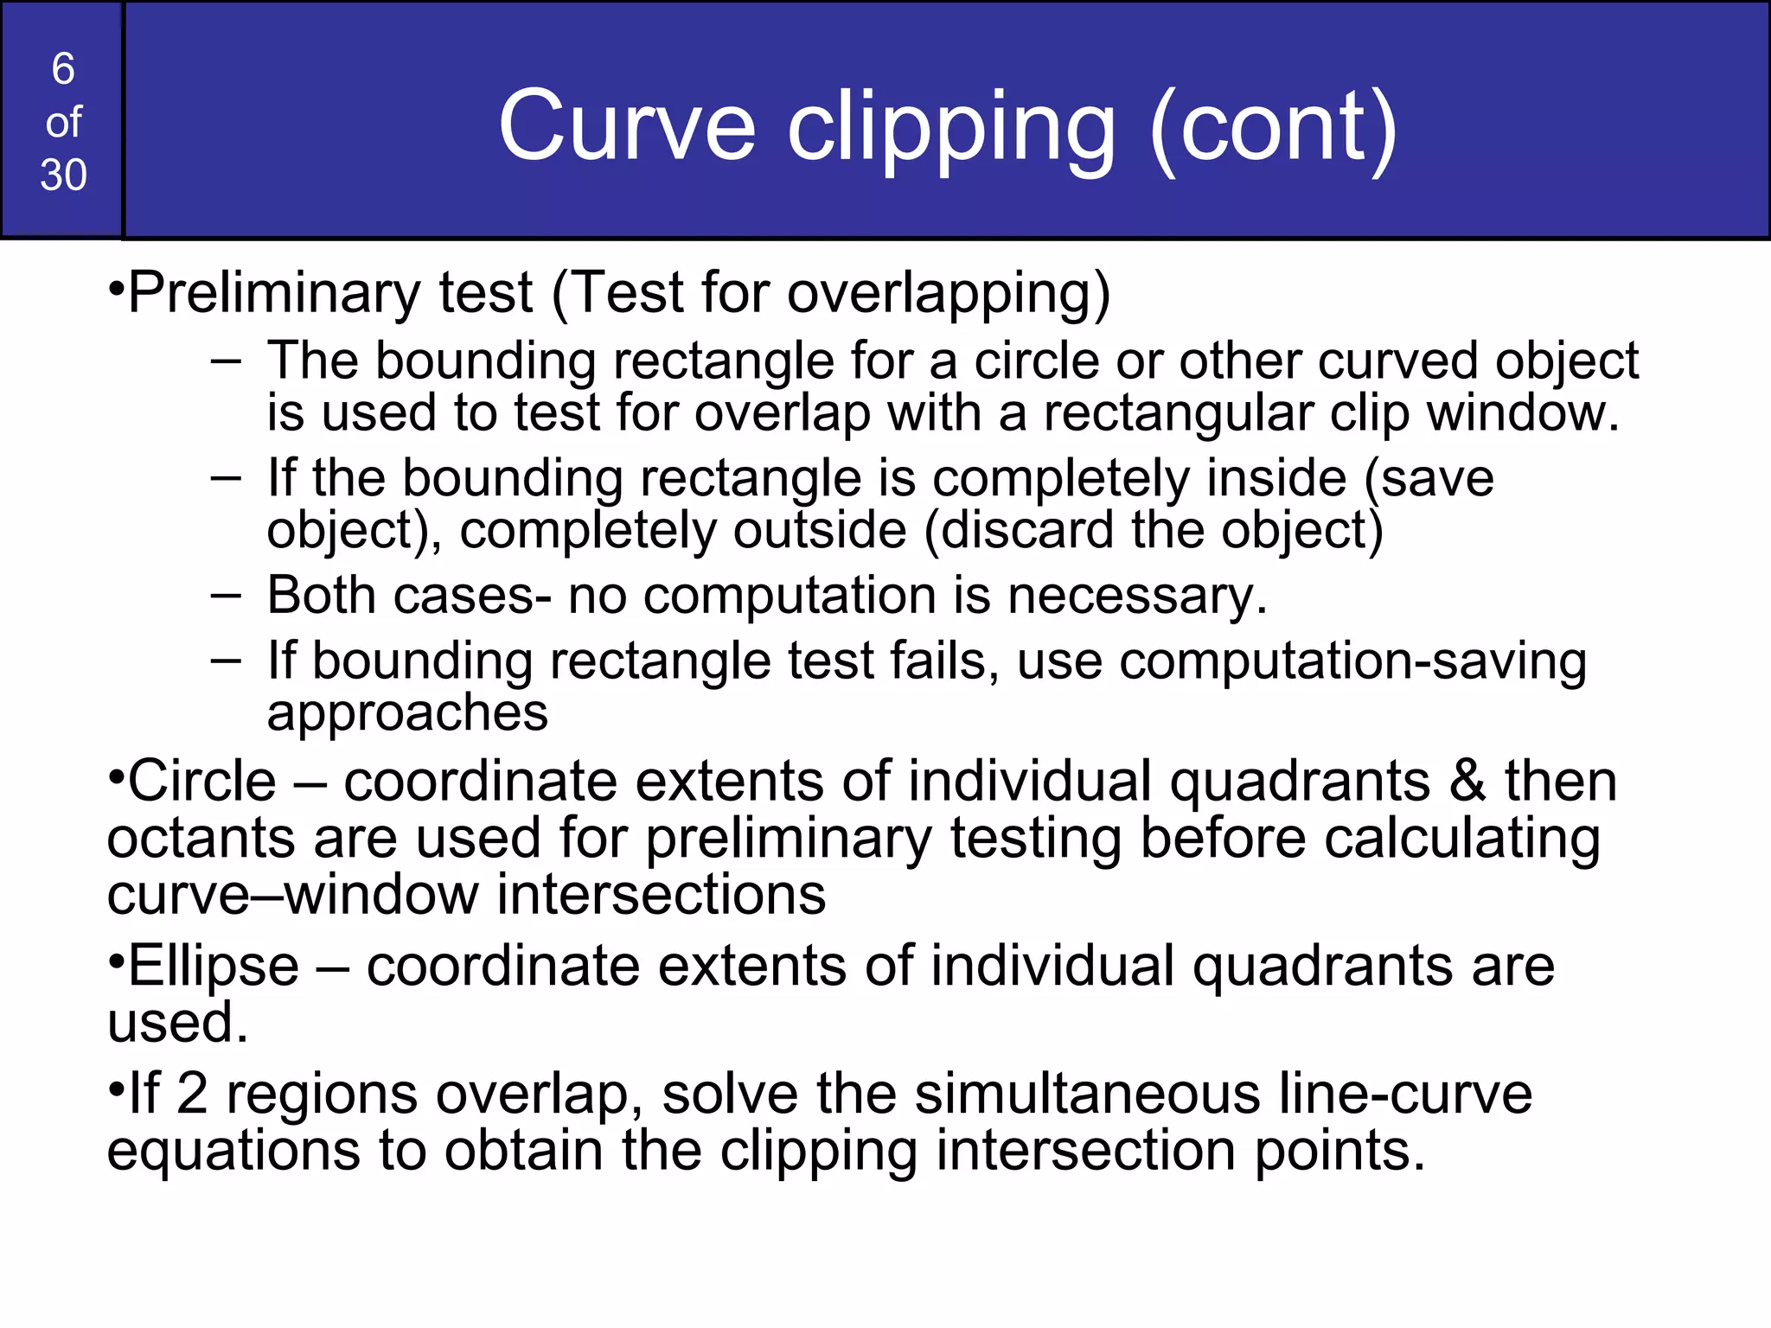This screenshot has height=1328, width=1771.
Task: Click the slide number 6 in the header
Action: point(63,69)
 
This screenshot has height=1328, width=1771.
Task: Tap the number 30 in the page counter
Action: point(63,176)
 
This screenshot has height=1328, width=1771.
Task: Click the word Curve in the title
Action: point(626,126)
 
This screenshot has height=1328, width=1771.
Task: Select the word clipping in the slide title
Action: point(950,130)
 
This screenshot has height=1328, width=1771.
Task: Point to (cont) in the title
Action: point(1272,128)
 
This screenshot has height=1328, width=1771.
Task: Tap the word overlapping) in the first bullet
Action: point(949,294)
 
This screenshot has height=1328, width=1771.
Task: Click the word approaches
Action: point(407,714)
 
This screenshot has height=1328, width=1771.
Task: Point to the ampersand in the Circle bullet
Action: point(1467,781)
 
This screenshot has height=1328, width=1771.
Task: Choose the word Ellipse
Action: point(213,966)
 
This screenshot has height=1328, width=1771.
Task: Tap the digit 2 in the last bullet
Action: point(192,1093)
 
